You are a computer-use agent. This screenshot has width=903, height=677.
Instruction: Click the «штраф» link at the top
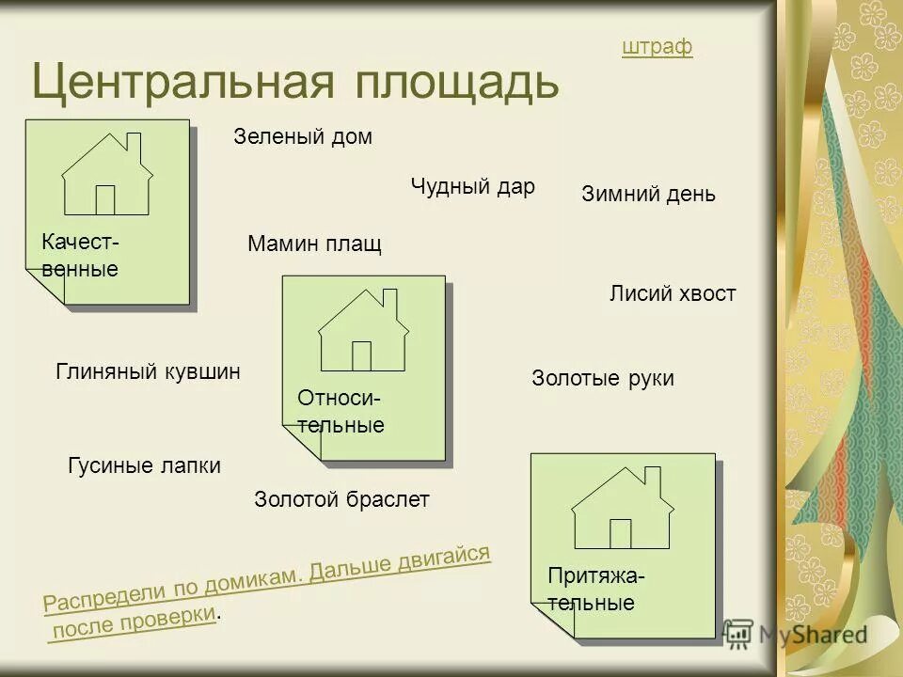tap(657, 47)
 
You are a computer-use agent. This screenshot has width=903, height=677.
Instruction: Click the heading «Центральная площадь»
tap(295, 82)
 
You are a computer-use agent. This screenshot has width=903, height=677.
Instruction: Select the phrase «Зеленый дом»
tap(303, 137)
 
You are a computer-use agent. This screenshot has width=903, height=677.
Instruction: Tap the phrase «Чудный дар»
tap(472, 186)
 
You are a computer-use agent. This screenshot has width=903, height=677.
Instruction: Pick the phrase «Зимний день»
tap(649, 195)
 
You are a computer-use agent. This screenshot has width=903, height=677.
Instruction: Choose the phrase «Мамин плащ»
tap(314, 245)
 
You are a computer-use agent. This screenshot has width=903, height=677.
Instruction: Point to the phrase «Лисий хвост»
tap(673, 294)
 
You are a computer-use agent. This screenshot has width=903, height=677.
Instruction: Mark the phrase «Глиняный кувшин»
tap(149, 371)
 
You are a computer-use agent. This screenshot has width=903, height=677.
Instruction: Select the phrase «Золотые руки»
tap(603, 379)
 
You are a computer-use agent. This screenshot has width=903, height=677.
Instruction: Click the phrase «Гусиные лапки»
tap(145, 465)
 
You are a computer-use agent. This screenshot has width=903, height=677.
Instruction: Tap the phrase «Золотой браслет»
tap(341, 500)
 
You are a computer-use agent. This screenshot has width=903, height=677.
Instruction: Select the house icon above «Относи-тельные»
tap(363, 330)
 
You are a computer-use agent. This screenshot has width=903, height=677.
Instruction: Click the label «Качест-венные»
tap(80, 256)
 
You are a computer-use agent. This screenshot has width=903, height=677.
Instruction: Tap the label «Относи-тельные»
tap(341, 412)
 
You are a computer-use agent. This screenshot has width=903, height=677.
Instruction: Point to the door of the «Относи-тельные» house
tap(361, 355)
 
